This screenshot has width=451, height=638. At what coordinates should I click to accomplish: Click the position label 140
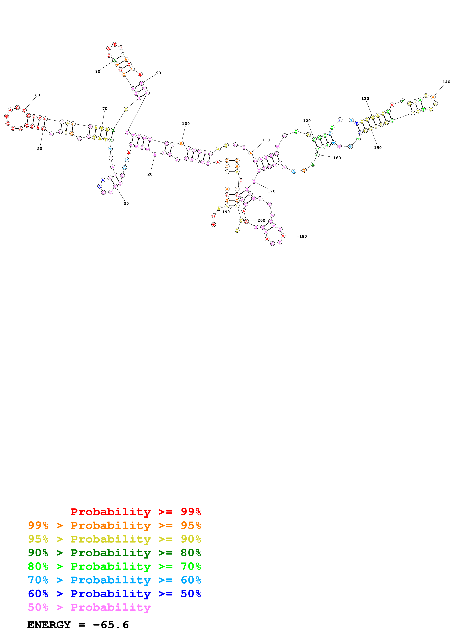[446, 82]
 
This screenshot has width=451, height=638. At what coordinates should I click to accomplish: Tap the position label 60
[37, 95]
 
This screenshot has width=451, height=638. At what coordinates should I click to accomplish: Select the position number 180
[303, 236]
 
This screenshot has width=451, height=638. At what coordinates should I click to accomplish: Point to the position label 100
[186, 124]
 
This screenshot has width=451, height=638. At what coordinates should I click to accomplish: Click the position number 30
[126, 203]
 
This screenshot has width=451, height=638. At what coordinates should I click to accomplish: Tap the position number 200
[261, 220]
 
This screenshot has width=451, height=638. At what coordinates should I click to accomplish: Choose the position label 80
[98, 71]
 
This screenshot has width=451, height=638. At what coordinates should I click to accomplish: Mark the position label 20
[150, 174]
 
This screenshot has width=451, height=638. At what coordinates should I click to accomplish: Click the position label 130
[365, 99]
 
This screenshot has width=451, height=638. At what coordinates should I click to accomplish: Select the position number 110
[266, 140]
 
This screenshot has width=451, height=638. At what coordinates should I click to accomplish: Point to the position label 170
[271, 191]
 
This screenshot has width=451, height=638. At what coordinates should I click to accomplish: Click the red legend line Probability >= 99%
[136, 512]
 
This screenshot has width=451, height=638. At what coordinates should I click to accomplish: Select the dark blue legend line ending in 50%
[114, 594]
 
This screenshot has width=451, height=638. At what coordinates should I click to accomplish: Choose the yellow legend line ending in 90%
[114, 539]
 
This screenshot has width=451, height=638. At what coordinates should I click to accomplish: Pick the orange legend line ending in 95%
[114, 525]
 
